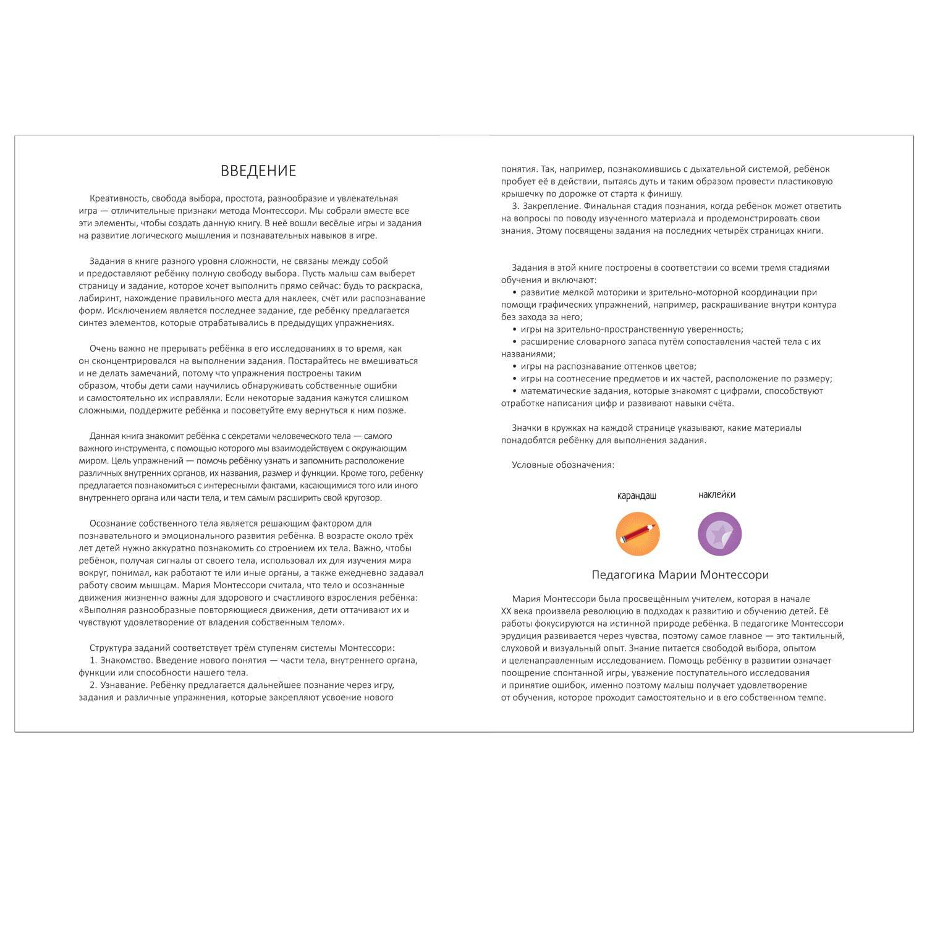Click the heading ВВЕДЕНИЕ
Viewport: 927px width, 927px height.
point(258,171)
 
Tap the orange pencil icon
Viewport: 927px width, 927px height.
point(637,534)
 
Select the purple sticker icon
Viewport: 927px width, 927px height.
point(719,534)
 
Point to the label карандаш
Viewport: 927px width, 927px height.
point(637,496)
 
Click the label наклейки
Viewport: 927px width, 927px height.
point(717,494)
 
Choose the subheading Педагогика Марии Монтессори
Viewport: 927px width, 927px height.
point(680,575)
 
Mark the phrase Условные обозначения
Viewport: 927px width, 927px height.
point(563,465)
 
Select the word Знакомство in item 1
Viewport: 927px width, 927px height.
point(122,660)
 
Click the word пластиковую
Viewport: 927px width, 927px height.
point(803,181)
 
